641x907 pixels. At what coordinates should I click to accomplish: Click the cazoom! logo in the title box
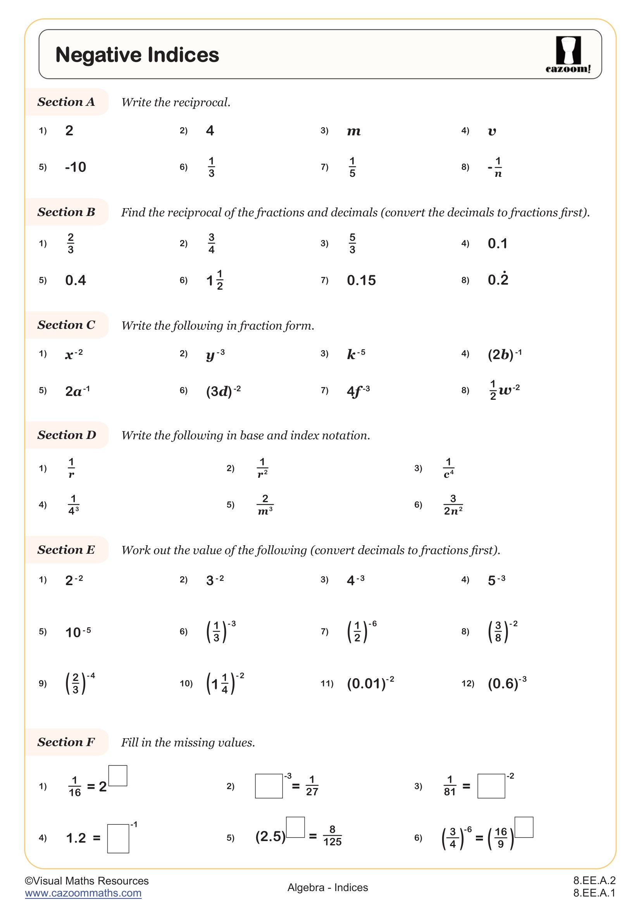tap(568, 55)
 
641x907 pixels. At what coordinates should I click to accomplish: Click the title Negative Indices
tap(137, 55)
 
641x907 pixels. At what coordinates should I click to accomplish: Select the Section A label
tap(66, 102)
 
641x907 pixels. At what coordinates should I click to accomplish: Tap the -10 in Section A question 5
tap(76, 167)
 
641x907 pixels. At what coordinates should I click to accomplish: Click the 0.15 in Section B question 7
tap(361, 280)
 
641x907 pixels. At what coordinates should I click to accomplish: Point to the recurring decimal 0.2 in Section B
tap(498, 279)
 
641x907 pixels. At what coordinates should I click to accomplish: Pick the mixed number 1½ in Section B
tap(215, 280)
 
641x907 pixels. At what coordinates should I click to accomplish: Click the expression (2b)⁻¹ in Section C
tap(505, 354)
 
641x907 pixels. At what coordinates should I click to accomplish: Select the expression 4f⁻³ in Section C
tap(358, 391)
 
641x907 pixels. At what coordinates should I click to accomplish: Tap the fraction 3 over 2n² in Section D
tap(453, 505)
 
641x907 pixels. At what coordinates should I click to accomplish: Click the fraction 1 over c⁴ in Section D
tap(449, 468)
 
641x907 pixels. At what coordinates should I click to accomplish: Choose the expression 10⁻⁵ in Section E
tap(78, 632)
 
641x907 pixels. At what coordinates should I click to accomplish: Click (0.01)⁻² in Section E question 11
tap(370, 683)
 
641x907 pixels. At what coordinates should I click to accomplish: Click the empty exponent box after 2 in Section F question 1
tap(118, 776)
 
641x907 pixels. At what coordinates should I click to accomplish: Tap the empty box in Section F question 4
tap(118, 838)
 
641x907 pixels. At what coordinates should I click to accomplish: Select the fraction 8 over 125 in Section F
tap(333, 836)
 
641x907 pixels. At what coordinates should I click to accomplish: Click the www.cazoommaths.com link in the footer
tap(83, 893)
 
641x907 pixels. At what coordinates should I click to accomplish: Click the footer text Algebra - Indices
tap(327, 887)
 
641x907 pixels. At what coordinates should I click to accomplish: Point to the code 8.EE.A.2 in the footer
tap(594, 881)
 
